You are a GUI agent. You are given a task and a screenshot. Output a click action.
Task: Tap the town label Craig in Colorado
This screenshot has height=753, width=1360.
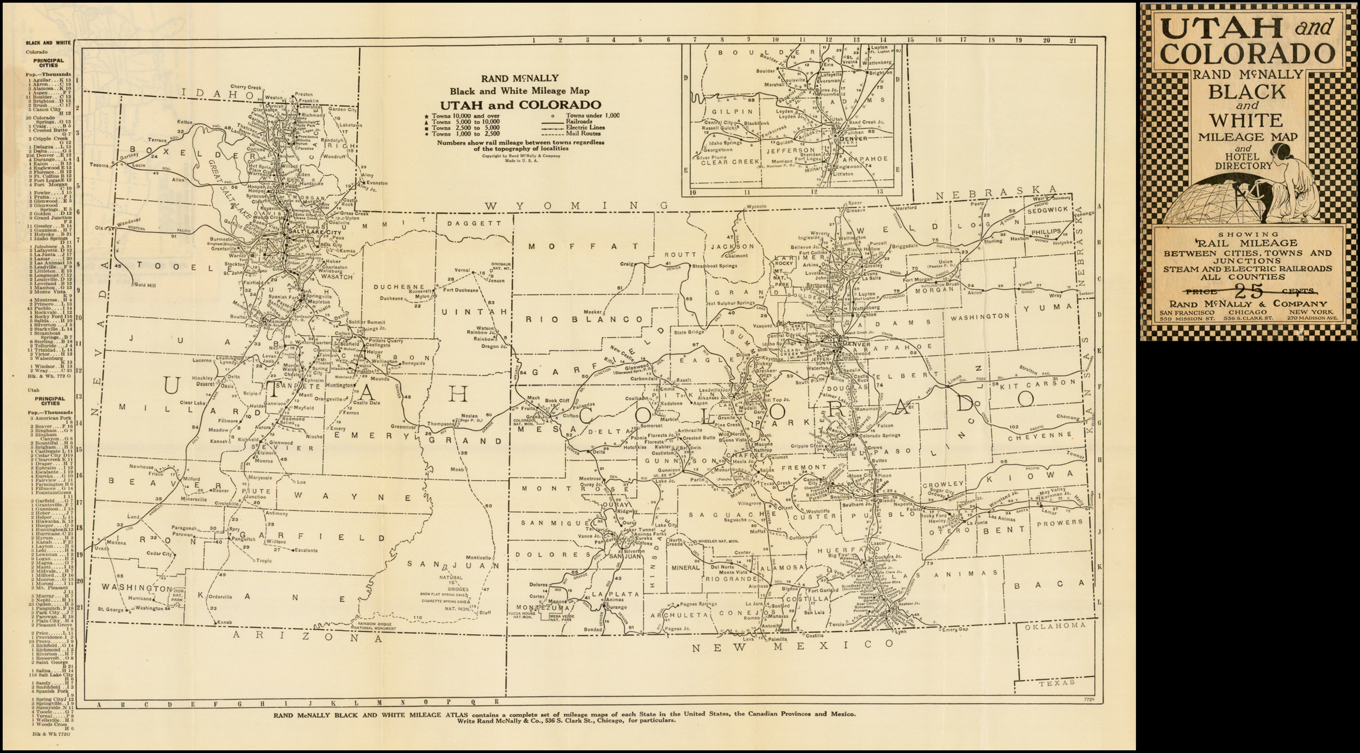624,264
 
